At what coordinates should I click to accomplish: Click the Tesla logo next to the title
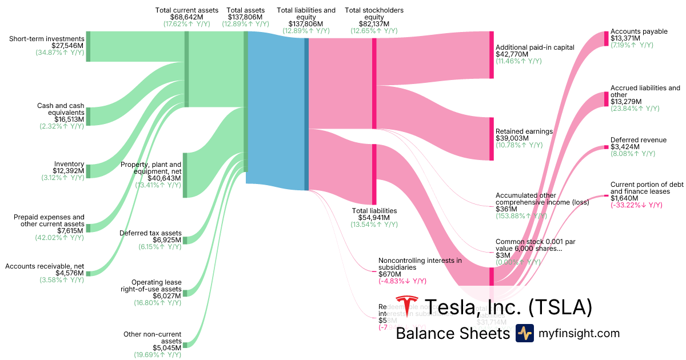tap(407, 307)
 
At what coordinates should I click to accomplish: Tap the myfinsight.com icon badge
tap(525, 333)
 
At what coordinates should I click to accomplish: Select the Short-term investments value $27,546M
tap(67, 46)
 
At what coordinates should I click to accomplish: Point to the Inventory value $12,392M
tap(69, 170)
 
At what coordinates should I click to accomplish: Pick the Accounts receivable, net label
tap(45, 266)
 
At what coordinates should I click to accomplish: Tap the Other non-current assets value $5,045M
tap(166, 347)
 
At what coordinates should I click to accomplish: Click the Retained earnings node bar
tap(491, 139)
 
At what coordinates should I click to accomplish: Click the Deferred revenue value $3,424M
tap(625, 147)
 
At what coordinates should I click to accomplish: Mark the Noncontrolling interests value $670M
tap(389, 274)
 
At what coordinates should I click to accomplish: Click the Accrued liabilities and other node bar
tap(607, 98)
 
